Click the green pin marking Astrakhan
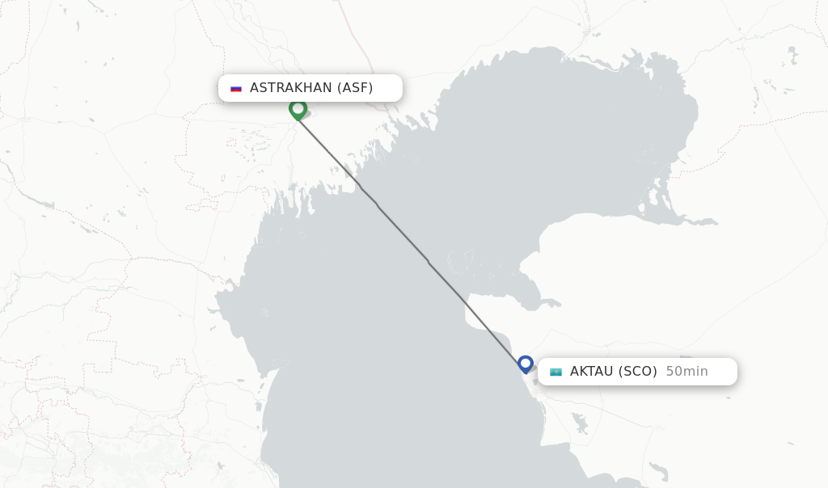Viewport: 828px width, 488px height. click(298, 109)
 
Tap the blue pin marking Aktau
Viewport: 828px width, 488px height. click(526, 364)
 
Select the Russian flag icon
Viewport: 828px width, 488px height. click(236, 88)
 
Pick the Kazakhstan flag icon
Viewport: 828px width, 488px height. click(556, 372)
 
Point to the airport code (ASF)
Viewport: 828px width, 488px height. click(355, 88)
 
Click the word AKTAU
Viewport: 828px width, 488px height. click(592, 372)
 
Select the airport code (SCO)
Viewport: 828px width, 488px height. click(638, 372)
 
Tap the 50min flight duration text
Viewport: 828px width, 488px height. click(686, 372)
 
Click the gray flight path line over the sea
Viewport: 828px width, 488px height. click(404, 235)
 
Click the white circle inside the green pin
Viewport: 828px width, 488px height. click(298, 107)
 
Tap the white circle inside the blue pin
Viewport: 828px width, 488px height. click(526, 363)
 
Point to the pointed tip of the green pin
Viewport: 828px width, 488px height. click(298, 120)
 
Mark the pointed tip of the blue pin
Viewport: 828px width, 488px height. click(526, 374)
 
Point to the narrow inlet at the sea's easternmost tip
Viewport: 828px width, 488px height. click(712, 221)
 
